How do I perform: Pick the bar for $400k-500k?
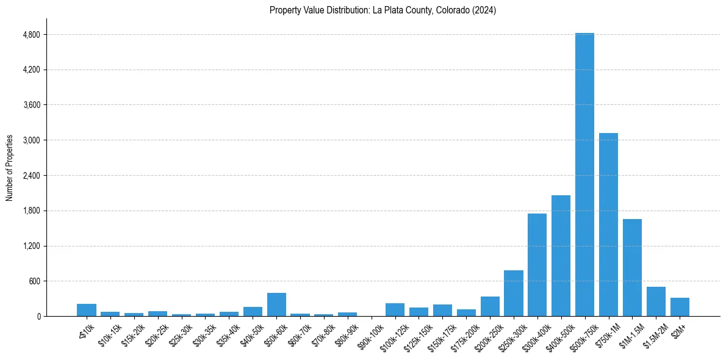pyautogui.click(x=561, y=256)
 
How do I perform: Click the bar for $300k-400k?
pyautogui.click(x=537, y=265)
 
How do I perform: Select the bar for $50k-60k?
pyautogui.click(x=276, y=304)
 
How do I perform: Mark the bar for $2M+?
pyautogui.click(x=680, y=307)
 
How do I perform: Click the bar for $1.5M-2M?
pyautogui.click(x=656, y=301)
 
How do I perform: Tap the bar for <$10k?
pyautogui.click(x=87, y=310)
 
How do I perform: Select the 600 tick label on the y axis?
pyautogui.click(x=34, y=281)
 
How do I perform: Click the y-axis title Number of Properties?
pyautogui.click(x=10, y=167)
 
